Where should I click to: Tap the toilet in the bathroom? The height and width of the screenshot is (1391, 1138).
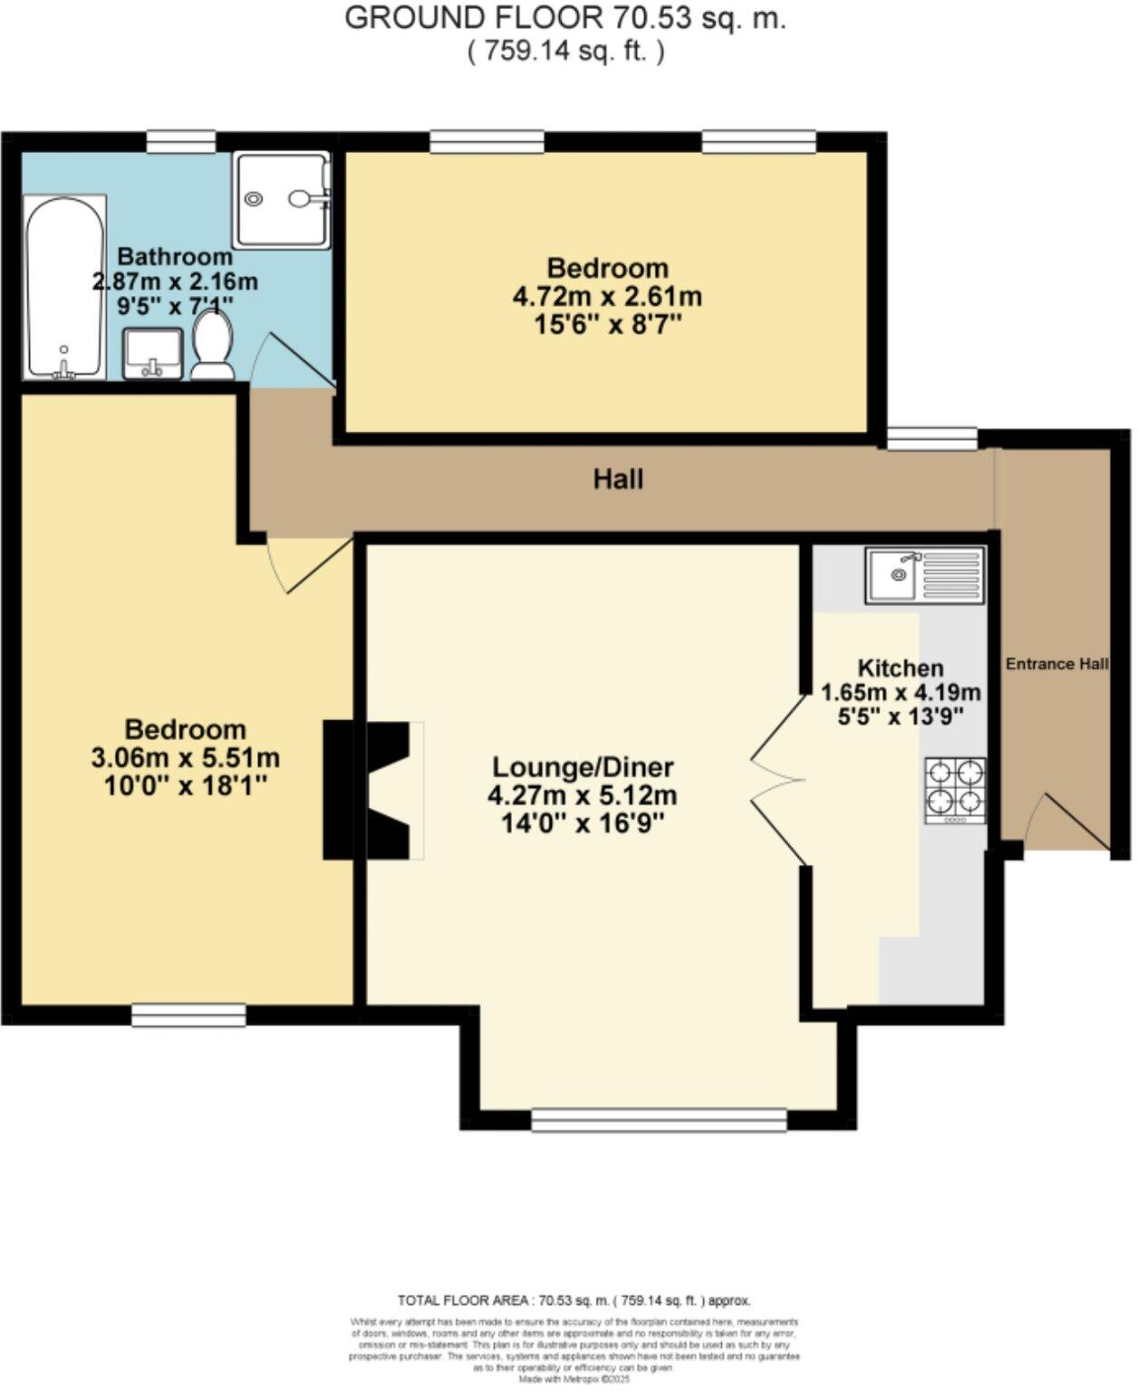(213, 347)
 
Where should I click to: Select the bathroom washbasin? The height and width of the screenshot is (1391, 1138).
(153, 353)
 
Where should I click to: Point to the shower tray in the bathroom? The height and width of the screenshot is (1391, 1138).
(281, 199)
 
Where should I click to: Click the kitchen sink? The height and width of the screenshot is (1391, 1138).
(924, 575)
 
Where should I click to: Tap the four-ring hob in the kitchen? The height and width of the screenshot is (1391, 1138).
(955, 790)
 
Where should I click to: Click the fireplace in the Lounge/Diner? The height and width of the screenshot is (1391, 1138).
(371, 789)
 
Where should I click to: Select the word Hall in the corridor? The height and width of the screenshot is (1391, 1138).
(618, 478)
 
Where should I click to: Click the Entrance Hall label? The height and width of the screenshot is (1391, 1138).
(1056, 664)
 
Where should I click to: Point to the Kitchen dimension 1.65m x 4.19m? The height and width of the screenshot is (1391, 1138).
(901, 693)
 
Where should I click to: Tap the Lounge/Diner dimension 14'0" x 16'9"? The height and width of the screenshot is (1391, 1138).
(583, 824)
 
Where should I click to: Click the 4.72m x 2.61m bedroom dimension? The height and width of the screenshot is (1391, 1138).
(608, 296)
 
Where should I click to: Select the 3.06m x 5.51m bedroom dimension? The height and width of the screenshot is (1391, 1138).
(185, 757)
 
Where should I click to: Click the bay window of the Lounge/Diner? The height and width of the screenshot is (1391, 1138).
(659, 1120)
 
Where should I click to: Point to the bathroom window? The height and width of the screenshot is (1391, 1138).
(181, 139)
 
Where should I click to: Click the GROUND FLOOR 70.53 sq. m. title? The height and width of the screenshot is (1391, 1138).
(565, 18)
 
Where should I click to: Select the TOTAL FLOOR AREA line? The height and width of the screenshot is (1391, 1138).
(574, 1300)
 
